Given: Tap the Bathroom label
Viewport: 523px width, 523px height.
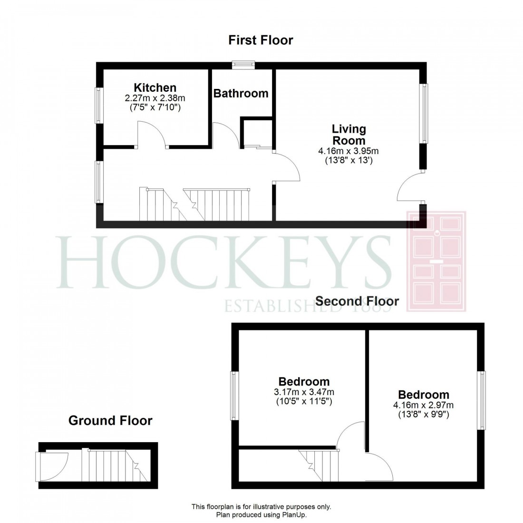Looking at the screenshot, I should [241, 93].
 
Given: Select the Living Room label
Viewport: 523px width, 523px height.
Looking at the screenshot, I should [349, 135].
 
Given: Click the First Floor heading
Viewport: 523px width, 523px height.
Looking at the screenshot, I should [261, 40].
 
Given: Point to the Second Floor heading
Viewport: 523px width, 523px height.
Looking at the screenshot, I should [357, 301].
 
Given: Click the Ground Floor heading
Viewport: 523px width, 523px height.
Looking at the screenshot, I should [110, 420].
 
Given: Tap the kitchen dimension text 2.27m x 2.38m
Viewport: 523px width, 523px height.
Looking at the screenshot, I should [155, 98].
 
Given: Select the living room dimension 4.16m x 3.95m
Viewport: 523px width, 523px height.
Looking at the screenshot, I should [349, 151].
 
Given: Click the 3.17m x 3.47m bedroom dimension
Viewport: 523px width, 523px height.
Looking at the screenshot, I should [304, 392].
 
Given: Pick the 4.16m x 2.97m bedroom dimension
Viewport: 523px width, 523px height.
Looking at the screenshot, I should [423, 406].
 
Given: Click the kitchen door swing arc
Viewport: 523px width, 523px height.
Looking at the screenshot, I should [152, 133].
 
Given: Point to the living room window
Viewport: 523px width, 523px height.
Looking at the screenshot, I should [423, 113].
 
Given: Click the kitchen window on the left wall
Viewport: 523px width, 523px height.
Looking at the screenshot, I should [99, 106].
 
